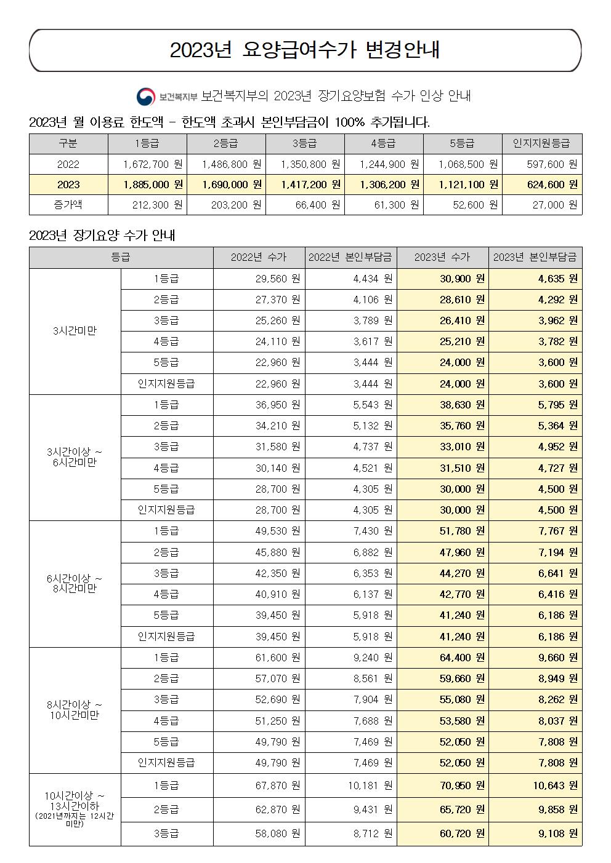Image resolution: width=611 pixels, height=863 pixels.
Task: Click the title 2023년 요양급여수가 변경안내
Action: [305, 50]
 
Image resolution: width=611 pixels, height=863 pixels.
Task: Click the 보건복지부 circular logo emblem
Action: [147, 97]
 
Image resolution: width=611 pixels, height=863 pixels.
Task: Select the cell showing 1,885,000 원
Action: [147, 185]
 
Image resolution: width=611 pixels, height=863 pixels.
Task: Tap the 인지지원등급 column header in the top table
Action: [542, 144]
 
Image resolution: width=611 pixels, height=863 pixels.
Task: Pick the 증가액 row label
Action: [68, 205]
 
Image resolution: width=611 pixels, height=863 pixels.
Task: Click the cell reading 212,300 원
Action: [147, 205]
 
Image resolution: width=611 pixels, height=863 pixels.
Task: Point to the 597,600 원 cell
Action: [542, 164]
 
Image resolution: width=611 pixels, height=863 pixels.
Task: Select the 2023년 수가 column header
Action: [442, 258]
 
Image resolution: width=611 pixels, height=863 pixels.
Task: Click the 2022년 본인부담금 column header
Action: [350, 258]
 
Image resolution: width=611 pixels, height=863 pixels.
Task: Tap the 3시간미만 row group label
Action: [75, 331]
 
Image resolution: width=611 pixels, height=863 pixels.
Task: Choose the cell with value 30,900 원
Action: [442, 279]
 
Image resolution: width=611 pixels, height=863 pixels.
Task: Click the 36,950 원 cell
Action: [259, 405]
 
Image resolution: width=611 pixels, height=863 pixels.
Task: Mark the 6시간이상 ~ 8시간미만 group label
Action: [75, 583]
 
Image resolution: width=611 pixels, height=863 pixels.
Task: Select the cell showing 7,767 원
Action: [535, 531]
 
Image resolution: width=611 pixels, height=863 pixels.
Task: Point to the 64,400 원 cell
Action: [442, 658]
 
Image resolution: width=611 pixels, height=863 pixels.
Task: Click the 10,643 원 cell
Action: [535, 785]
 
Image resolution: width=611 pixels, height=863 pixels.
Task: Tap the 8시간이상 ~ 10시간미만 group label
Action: [75, 710]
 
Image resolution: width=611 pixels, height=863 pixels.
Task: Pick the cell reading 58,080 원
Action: [259, 833]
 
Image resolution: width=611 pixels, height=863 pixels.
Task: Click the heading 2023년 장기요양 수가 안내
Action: [102, 236]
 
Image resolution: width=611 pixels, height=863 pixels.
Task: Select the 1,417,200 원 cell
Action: [305, 185]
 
